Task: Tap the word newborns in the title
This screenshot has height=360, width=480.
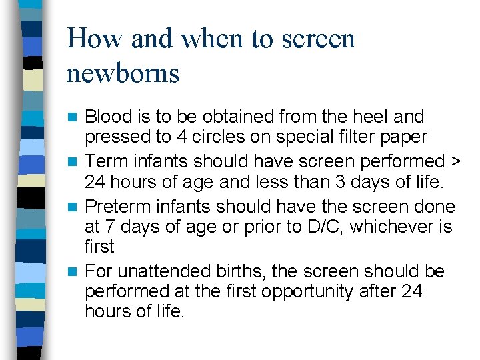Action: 123,73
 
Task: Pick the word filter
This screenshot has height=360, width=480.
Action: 347,137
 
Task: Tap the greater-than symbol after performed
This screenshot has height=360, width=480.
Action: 456,161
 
